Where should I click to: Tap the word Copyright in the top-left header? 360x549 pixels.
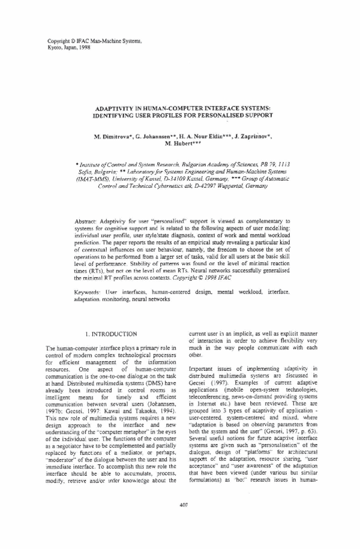59,40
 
